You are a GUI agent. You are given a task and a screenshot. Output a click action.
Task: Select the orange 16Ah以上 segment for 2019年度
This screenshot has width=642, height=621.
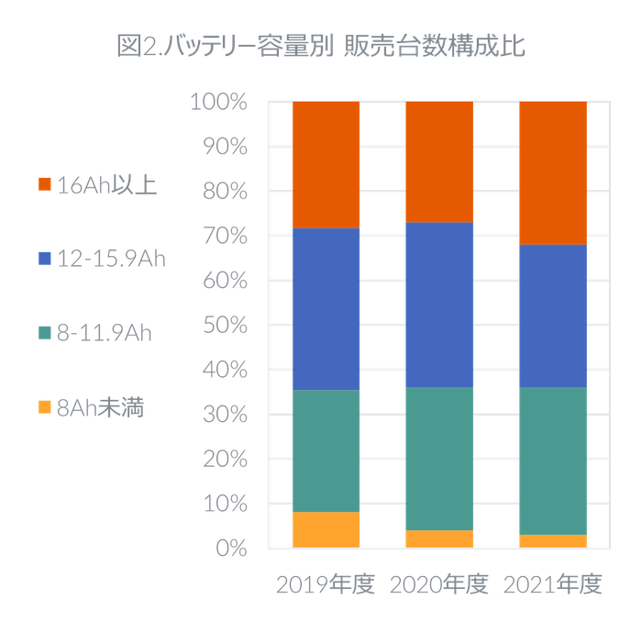pos(327,164)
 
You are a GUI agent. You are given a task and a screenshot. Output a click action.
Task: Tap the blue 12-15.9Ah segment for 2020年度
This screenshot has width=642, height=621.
pos(438,305)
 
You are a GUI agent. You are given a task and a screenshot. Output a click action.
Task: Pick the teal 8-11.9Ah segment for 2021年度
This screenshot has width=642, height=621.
pos(552,460)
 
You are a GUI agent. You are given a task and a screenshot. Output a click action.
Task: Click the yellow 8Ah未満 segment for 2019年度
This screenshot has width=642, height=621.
pos(327,529)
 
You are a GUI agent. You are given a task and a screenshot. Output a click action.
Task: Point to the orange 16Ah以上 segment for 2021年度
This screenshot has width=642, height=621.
pos(552,172)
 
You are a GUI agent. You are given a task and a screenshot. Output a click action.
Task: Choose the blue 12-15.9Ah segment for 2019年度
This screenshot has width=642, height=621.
pos(327,308)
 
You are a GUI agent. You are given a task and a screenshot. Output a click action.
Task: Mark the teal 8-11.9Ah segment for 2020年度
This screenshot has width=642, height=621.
pos(438,459)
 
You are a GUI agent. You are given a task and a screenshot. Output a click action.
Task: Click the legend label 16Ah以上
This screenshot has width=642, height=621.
pos(106,185)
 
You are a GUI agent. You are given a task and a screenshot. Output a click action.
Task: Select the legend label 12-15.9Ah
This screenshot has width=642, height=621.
pos(111,259)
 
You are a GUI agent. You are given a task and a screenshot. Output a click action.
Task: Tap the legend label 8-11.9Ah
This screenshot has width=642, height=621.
pos(104,333)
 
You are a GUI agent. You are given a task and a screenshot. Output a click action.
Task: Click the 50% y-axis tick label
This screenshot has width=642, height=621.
pos(223,326)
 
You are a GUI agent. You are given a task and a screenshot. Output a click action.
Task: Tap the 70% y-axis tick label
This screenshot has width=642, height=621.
pos(223,236)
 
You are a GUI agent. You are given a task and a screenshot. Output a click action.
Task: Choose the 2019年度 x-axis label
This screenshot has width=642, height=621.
pos(326,584)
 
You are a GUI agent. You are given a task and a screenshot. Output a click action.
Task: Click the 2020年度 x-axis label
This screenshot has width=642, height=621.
pos(439,584)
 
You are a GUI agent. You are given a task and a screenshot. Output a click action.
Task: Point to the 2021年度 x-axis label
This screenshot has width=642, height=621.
pos(552,584)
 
